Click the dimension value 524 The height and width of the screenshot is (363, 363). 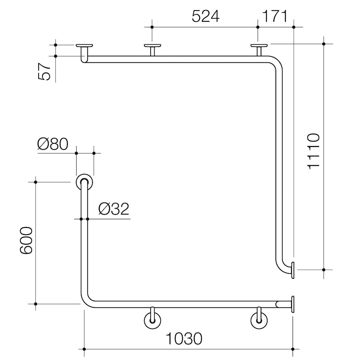(205, 16)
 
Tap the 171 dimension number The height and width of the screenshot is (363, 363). (274, 16)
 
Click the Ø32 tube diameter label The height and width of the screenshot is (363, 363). (114, 209)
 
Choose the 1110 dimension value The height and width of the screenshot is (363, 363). (313, 151)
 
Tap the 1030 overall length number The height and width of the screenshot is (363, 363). (184, 339)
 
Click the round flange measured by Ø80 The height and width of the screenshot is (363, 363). (84, 182)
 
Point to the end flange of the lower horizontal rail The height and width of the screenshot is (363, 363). (293, 304)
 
